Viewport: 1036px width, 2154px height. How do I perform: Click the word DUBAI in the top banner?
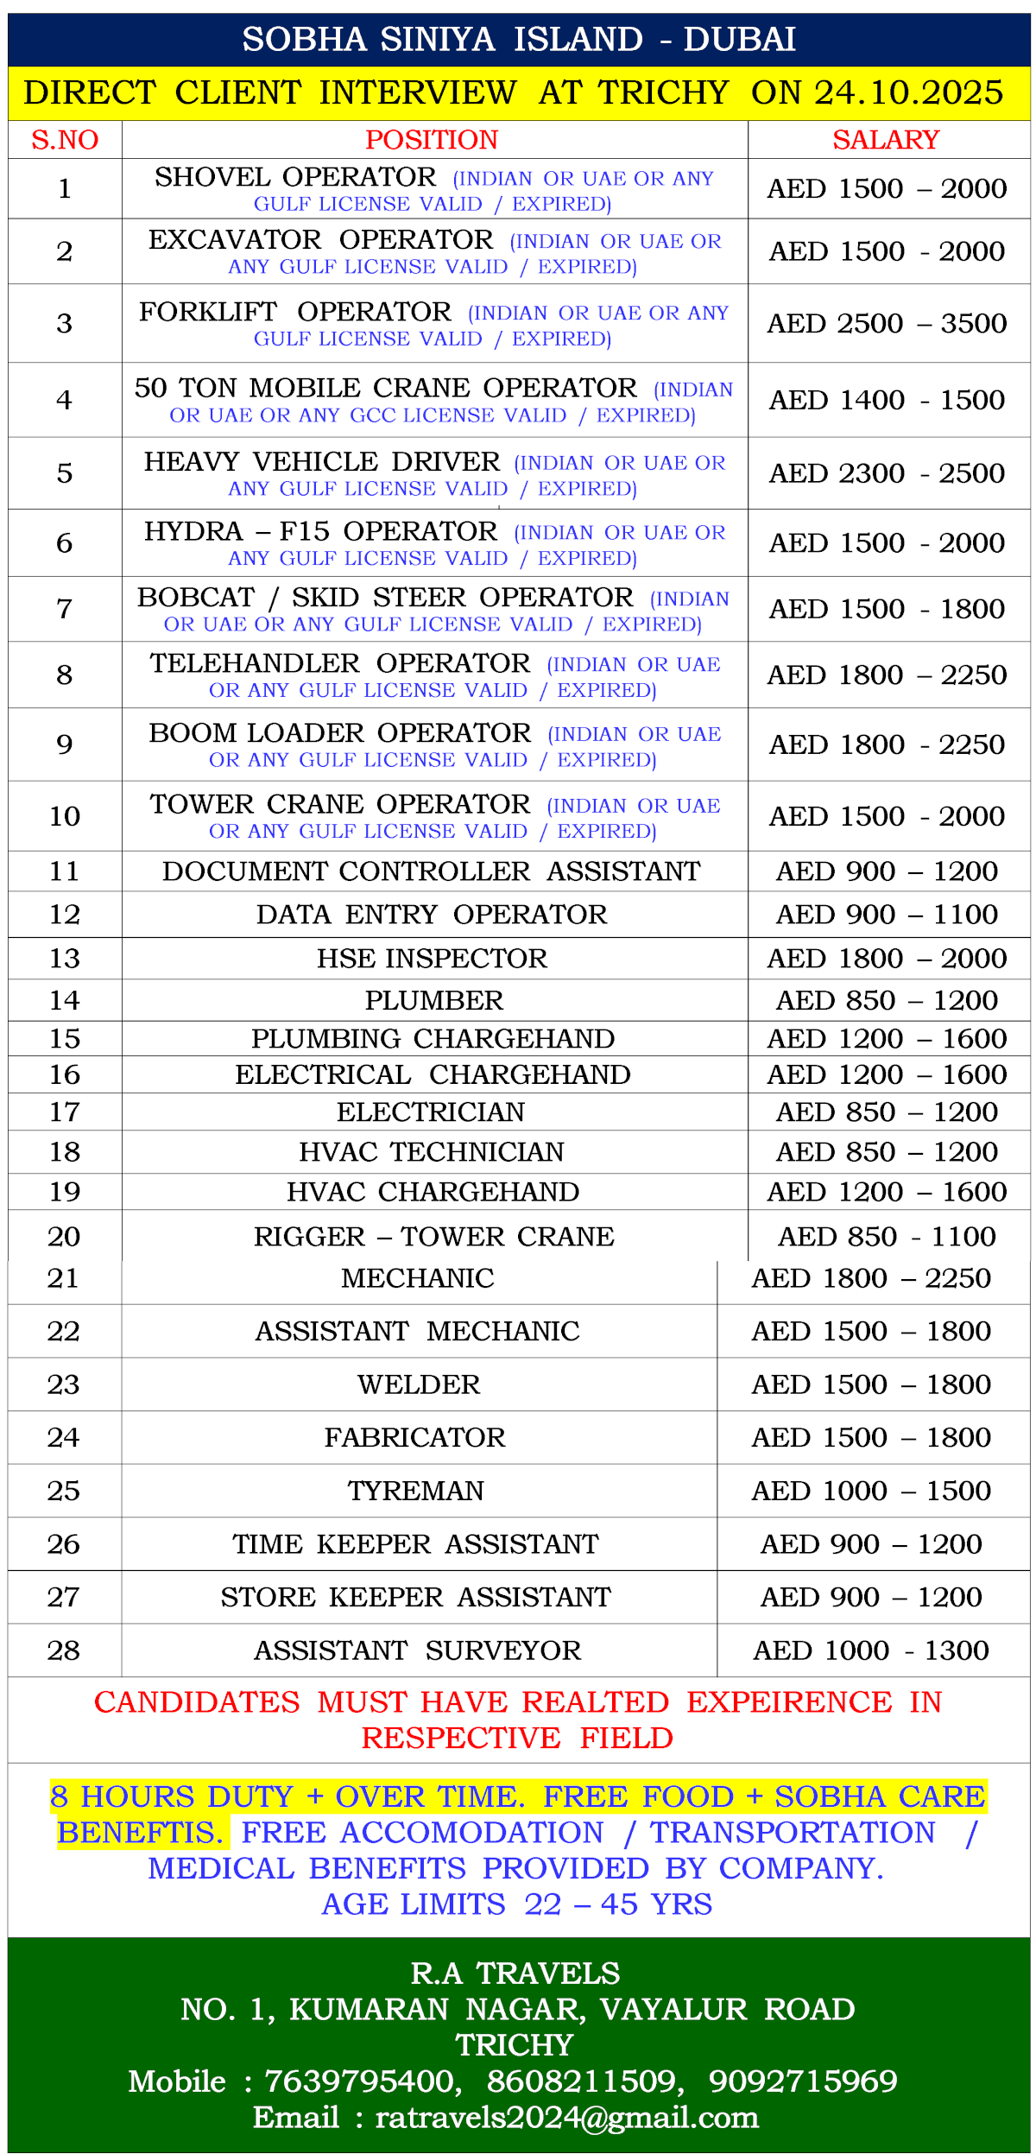click(739, 40)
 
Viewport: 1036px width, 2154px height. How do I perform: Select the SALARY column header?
click(885, 140)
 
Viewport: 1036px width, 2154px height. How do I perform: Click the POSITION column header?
click(432, 140)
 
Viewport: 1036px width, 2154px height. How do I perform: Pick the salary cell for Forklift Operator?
click(887, 324)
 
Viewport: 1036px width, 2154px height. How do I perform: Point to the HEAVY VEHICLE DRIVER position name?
click(322, 462)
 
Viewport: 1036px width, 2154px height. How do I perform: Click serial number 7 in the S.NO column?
click(65, 609)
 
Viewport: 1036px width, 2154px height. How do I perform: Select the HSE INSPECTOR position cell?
click(432, 959)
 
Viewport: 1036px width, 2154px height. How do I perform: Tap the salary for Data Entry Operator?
click(887, 915)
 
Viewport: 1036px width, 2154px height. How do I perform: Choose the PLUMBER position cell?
click(433, 1000)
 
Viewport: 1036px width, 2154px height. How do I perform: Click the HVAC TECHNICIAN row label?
click(432, 1152)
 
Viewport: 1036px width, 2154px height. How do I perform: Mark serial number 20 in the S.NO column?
click(65, 1237)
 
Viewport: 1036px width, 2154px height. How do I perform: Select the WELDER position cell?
click(419, 1384)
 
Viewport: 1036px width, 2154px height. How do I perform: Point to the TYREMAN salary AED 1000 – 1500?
click(871, 1491)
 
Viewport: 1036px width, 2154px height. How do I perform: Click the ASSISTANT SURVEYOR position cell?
click(417, 1650)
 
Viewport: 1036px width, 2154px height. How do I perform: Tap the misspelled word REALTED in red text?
click(595, 1702)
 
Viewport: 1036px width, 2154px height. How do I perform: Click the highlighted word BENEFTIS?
click(140, 1833)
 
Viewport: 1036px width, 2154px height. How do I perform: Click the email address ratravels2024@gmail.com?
click(566, 2118)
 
